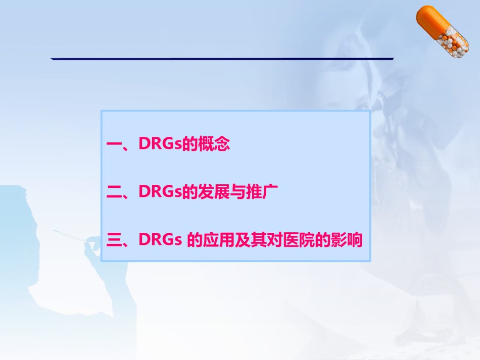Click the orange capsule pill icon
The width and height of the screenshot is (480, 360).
pos(442,31)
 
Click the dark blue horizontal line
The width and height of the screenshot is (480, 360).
pos(222,59)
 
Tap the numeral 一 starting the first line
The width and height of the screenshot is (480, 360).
pos(115,144)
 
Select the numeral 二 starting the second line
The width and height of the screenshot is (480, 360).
pos(115,192)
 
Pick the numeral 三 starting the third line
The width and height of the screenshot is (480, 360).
pos(115,240)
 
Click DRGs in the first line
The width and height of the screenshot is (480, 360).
pos(160,143)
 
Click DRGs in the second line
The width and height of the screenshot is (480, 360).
pos(160,191)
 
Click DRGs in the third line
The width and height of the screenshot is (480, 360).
pos(160,239)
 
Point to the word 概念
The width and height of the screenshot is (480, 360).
pos(214,143)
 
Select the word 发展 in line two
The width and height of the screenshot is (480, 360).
pos(214,191)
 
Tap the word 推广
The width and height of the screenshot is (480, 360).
pos(262,191)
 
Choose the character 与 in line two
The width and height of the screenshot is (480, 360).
pos(238,191)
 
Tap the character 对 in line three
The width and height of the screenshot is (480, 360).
pos(274,239)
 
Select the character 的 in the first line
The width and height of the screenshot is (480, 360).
pos(190,143)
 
